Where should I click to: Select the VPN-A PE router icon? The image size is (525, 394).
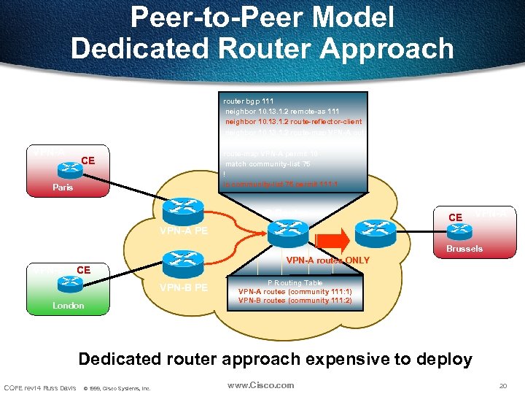(182, 212)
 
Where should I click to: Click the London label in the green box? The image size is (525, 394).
(68, 306)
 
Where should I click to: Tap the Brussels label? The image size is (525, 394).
(464, 249)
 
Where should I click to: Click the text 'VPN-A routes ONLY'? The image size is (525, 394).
(327, 260)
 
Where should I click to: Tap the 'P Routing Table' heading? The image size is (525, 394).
(295, 282)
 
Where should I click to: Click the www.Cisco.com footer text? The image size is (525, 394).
(260, 385)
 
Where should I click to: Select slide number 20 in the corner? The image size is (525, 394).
(502, 385)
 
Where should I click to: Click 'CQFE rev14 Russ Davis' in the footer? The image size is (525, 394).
(39, 387)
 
